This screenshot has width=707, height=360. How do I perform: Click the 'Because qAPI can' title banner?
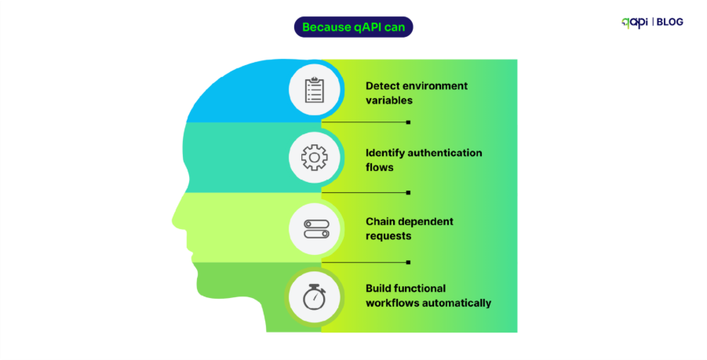(x=353, y=27)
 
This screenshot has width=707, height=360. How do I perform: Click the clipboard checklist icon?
(x=314, y=89)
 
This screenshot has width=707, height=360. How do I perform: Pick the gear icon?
(x=314, y=158)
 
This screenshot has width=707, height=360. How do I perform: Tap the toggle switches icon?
(x=314, y=227)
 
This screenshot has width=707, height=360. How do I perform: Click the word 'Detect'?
(x=383, y=85)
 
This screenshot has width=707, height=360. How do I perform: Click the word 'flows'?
(x=380, y=167)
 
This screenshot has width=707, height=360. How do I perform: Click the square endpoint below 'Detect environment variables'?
(x=408, y=122)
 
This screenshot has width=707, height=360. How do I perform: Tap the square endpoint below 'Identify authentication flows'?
(x=408, y=192)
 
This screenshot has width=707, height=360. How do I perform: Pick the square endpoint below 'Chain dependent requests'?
(x=408, y=262)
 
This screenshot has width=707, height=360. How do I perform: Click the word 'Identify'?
(x=385, y=153)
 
